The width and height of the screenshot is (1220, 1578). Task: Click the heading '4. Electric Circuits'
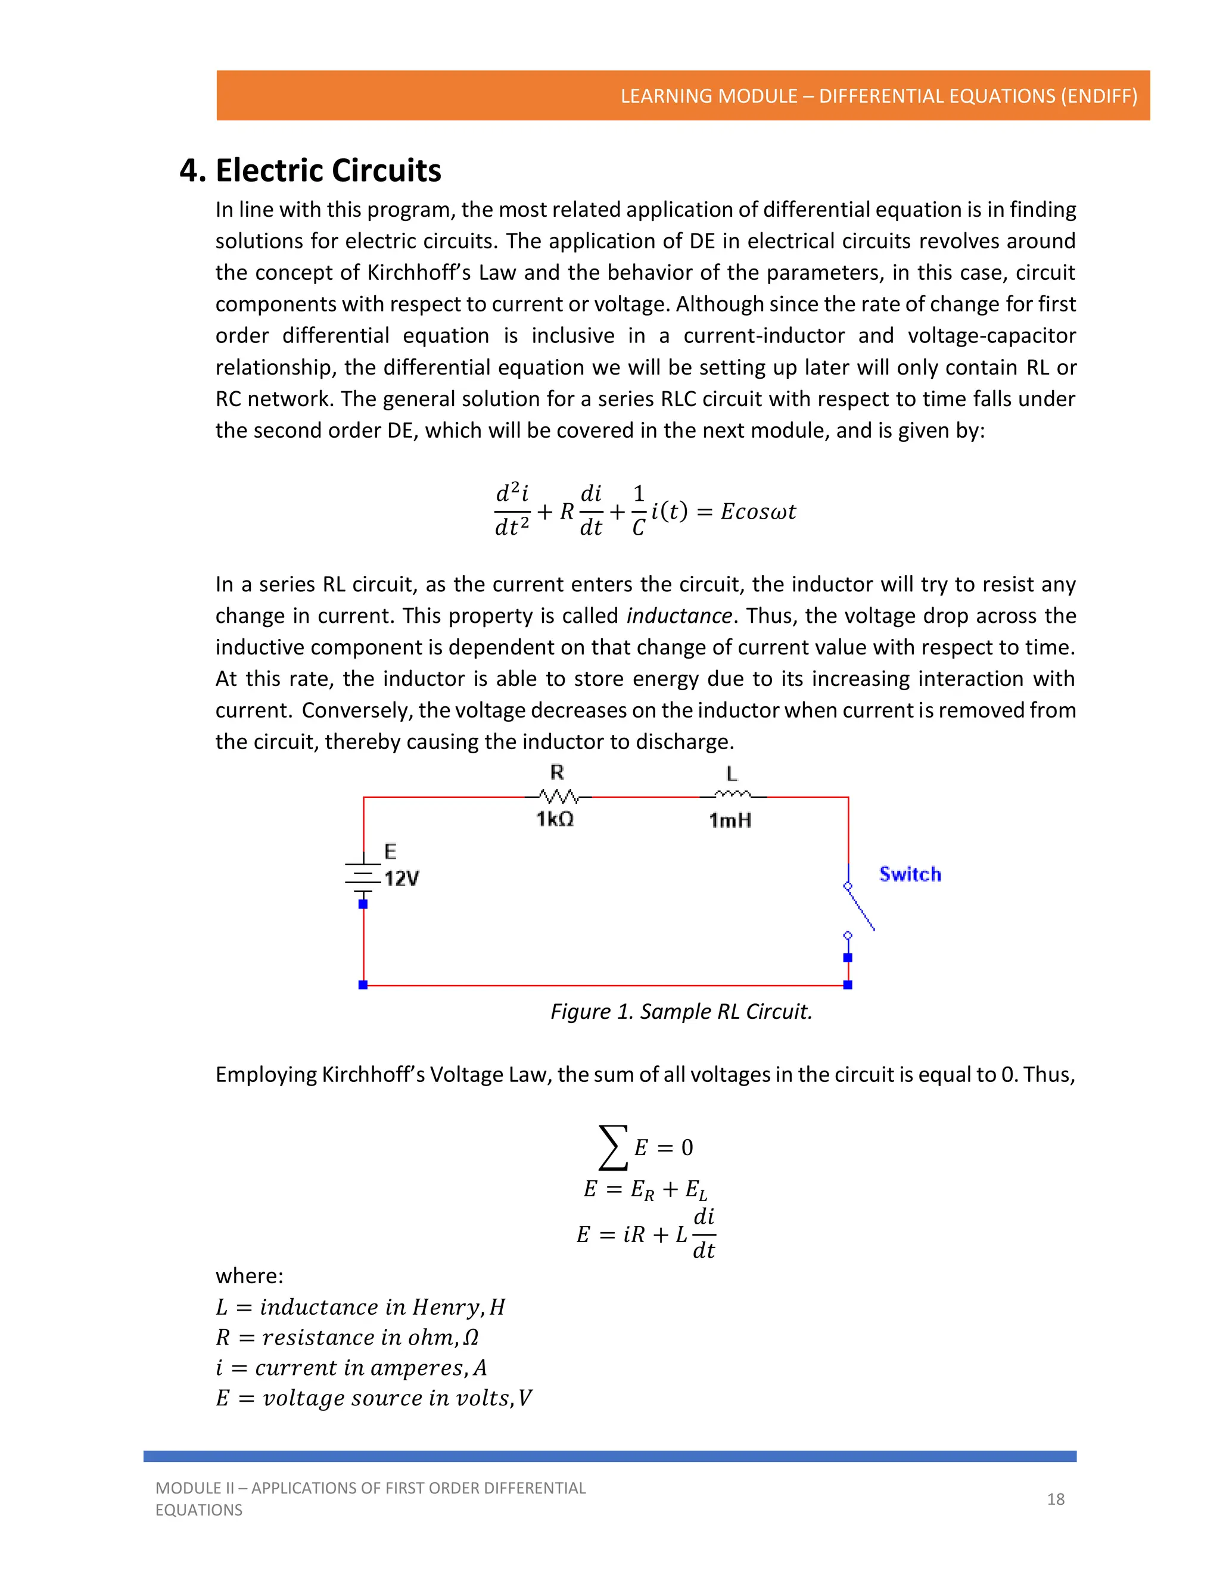click(310, 170)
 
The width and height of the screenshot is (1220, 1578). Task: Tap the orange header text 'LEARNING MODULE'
click(708, 96)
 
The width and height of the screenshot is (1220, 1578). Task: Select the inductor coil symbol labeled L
click(732, 796)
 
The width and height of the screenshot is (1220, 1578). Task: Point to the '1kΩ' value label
click(555, 819)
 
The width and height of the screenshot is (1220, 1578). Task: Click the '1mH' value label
click(730, 821)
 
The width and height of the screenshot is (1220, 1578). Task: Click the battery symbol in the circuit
click(363, 877)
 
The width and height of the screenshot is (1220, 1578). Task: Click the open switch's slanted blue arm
click(861, 909)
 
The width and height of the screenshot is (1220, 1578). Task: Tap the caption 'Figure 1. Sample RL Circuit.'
click(681, 1012)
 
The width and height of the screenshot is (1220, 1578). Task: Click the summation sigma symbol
click(612, 1147)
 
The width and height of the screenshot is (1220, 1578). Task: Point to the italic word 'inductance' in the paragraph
click(679, 616)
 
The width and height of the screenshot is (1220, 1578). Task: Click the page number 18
click(1055, 1499)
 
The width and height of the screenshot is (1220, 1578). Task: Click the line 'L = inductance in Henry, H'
click(360, 1307)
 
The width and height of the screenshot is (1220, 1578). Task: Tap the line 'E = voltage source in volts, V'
click(373, 1398)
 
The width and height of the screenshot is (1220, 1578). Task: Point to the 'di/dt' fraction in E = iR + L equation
click(704, 1234)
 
